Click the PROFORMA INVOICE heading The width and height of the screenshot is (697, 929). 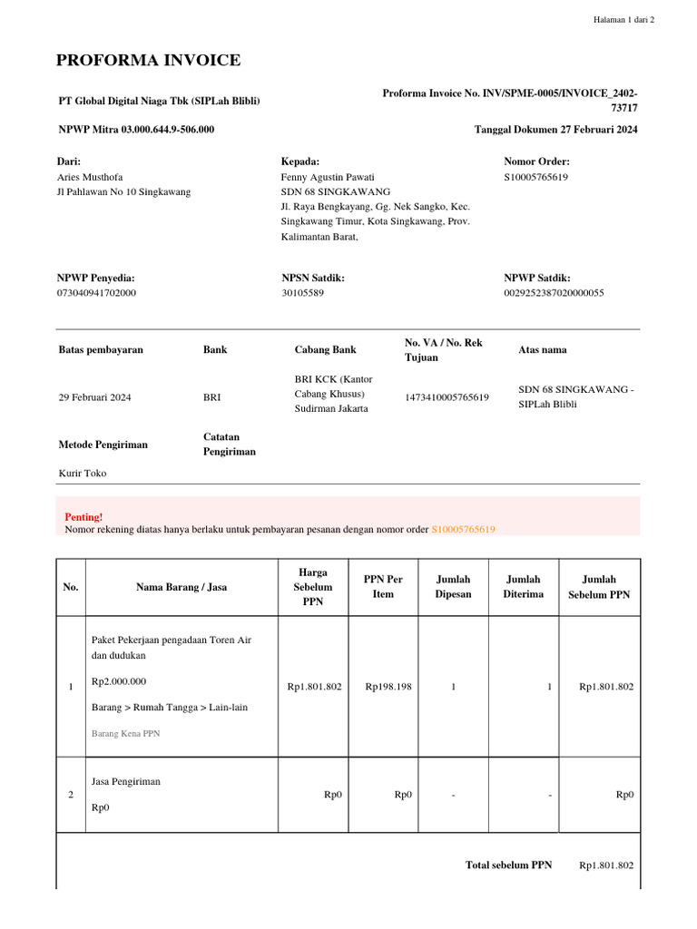[x=149, y=61]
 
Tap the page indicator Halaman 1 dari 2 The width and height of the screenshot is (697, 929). [x=623, y=20]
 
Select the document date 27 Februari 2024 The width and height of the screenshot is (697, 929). [x=592, y=130]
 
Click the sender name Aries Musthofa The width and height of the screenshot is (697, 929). [x=90, y=177]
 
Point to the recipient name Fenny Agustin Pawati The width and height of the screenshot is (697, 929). [x=328, y=177]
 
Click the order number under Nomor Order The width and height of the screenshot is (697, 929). [x=535, y=177]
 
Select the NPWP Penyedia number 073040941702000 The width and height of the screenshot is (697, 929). [x=97, y=293]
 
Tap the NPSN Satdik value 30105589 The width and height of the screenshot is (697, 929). [x=302, y=293]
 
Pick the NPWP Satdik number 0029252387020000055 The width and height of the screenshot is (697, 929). [x=554, y=293]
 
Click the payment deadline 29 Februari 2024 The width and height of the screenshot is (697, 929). [x=95, y=397]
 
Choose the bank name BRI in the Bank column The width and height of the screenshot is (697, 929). [x=211, y=397]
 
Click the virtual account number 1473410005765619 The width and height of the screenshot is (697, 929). [x=447, y=397]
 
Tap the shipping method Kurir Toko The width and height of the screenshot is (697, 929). [x=83, y=473]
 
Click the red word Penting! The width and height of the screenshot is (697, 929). [x=83, y=516]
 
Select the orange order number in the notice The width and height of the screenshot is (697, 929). [x=463, y=529]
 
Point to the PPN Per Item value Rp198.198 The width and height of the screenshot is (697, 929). [x=388, y=687]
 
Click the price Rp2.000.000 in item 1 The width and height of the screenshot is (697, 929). [x=120, y=681]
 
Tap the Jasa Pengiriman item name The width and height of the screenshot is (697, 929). [x=126, y=781]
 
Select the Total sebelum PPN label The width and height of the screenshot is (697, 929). [x=508, y=865]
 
